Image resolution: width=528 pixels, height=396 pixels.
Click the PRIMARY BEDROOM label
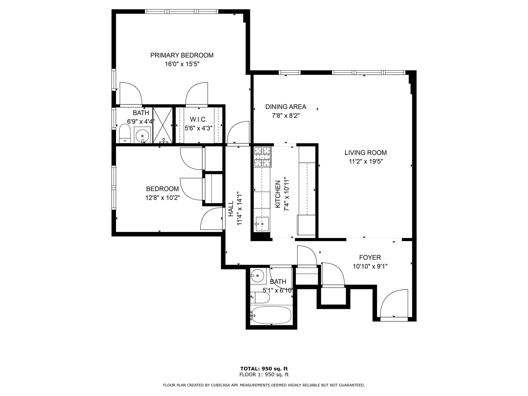point(182,55)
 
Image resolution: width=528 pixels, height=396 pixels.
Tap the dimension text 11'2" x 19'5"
point(366,162)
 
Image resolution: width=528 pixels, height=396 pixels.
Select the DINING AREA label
point(286,107)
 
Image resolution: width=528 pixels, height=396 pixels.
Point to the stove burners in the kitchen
point(262,156)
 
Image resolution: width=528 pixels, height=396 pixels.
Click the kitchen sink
point(262,224)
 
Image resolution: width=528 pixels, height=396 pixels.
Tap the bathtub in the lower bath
point(271,315)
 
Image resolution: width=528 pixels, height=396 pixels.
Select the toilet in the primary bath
point(125,134)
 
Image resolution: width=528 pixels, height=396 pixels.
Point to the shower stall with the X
point(163,125)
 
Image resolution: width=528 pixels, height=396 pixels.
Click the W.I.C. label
point(198,119)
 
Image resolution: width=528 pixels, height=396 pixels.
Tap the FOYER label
point(370,257)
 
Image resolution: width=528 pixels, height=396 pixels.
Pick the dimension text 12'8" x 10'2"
point(162,198)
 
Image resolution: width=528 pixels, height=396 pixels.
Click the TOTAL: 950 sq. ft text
point(264,369)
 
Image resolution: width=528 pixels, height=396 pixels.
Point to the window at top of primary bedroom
point(181,11)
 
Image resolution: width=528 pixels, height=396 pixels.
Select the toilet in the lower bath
point(260,298)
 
